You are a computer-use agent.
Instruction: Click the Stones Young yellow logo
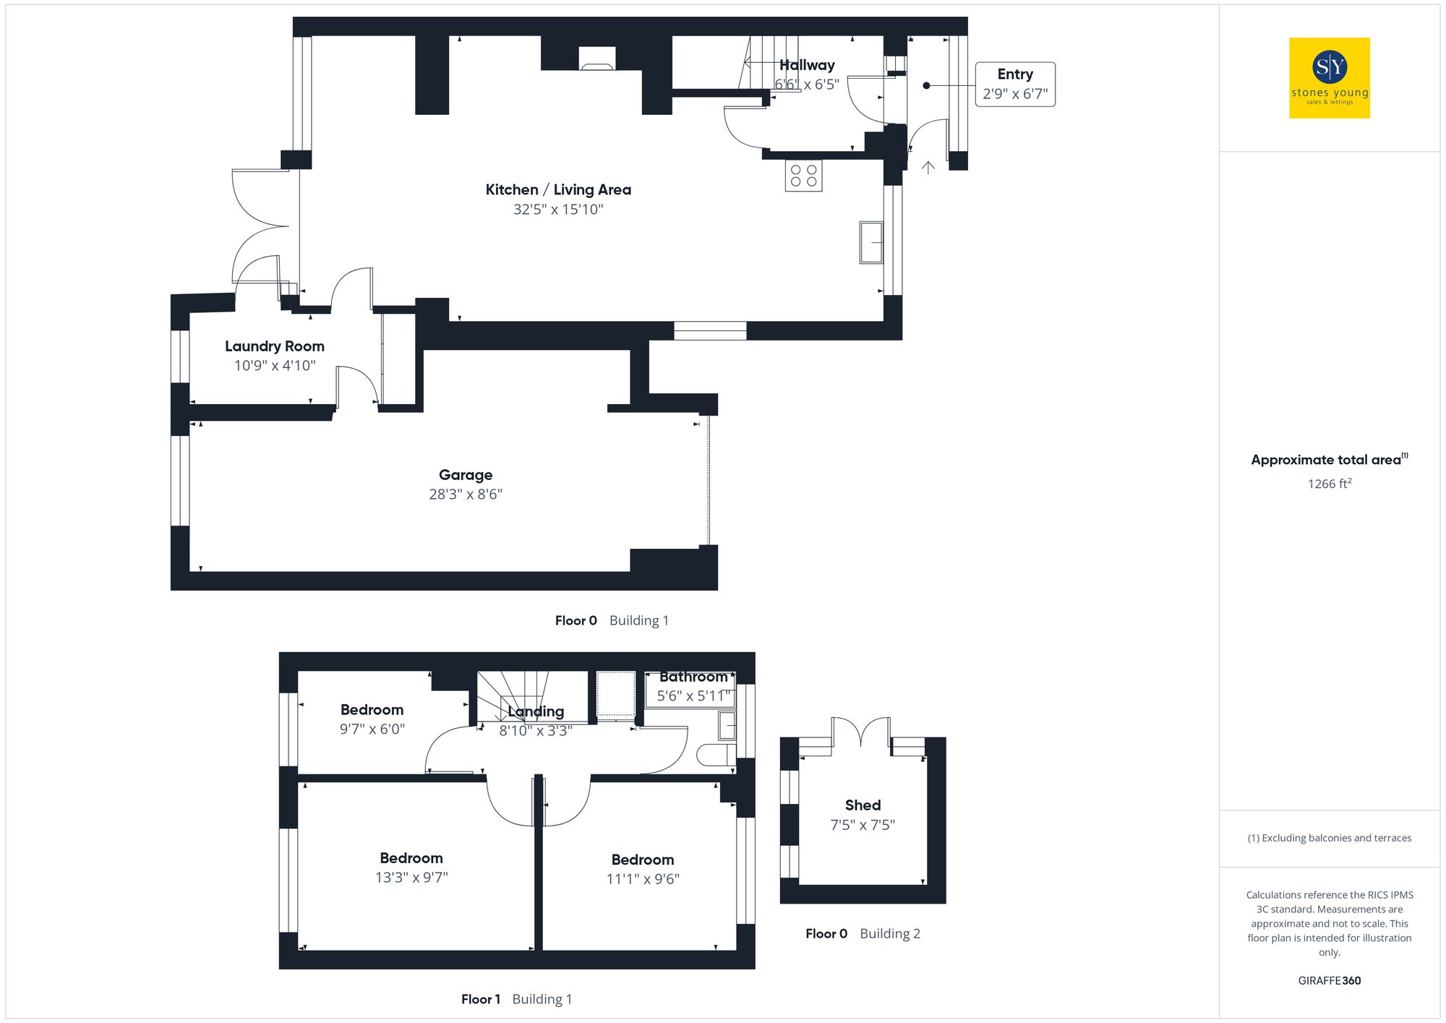(x=1329, y=78)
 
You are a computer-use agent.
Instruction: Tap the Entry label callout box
(x=1014, y=85)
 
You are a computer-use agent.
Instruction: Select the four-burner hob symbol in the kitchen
(x=803, y=175)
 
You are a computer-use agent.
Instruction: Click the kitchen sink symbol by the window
(x=871, y=242)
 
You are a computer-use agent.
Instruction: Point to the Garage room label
(x=465, y=475)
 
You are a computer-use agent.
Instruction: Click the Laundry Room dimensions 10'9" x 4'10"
(x=275, y=366)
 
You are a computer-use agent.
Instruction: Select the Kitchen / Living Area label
(x=557, y=189)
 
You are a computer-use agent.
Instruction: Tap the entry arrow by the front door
(x=928, y=168)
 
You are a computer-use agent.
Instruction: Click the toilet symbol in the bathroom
(x=715, y=756)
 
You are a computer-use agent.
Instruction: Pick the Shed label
(x=863, y=805)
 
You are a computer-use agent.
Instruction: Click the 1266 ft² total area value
(x=1329, y=484)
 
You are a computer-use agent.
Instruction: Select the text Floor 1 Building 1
(x=516, y=999)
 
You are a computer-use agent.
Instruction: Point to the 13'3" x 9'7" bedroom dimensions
(x=411, y=878)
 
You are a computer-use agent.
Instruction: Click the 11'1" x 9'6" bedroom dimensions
(x=642, y=879)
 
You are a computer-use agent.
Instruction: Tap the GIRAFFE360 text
(x=1329, y=981)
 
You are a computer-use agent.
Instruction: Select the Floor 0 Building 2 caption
(x=863, y=933)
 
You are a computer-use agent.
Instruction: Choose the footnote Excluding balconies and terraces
(x=1329, y=838)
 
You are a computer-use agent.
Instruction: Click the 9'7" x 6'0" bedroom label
(x=372, y=729)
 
